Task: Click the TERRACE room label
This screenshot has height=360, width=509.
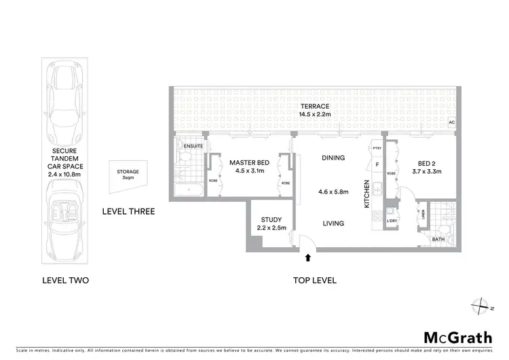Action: click(314, 107)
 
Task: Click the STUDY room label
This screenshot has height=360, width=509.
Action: click(271, 219)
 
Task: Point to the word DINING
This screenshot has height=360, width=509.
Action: click(333, 158)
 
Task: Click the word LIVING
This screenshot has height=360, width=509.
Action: click(333, 223)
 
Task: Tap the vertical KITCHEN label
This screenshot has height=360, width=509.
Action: click(367, 194)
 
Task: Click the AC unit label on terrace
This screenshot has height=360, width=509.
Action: click(451, 123)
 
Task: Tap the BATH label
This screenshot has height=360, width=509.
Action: click(439, 240)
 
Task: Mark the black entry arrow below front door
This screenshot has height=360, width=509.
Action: click(308, 258)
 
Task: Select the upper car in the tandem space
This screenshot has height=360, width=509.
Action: click(65, 99)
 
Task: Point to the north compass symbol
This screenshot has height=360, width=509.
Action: click(483, 305)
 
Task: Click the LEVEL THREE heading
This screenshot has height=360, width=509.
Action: click(128, 211)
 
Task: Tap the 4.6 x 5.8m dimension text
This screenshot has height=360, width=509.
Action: click(333, 192)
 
